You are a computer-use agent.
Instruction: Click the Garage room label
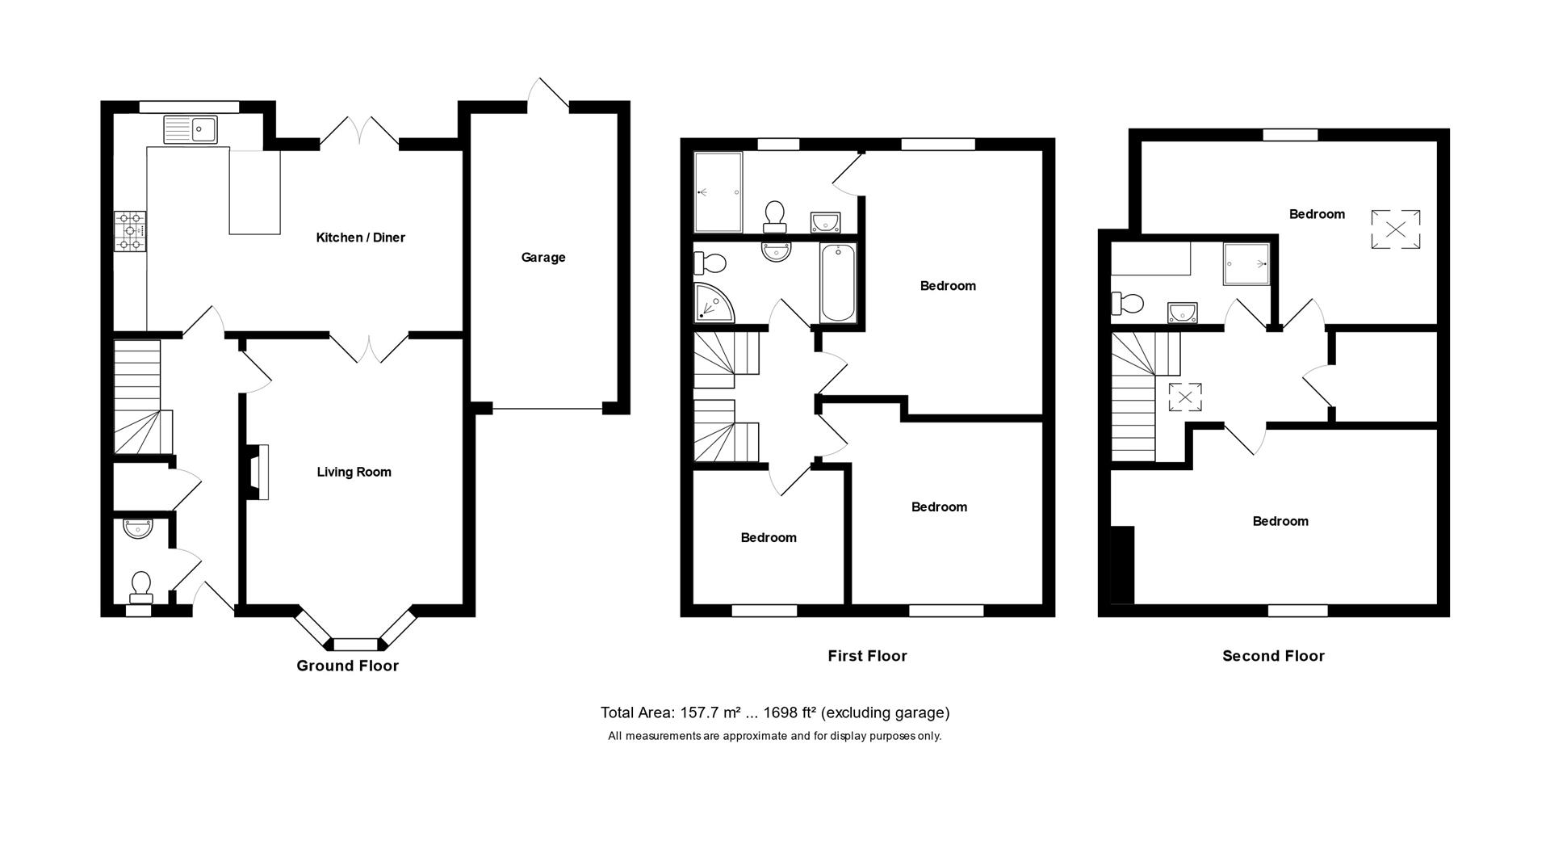coord(542,258)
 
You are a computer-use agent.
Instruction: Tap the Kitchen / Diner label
coord(360,237)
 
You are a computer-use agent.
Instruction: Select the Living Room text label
coord(354,472)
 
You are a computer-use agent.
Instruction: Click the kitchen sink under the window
coord(191,129)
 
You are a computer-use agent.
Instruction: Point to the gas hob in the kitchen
coord(131,230)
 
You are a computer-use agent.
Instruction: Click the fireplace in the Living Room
coord(257,472)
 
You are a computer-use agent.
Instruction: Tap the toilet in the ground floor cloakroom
coord(141,586)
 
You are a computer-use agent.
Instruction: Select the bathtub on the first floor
coord(837,283)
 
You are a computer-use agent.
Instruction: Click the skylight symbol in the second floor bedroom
coord(1395,229)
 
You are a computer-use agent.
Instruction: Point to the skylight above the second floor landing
coord(1185,397)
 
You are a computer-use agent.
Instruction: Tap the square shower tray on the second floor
coord(1246,263)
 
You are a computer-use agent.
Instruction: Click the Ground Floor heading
coord(347,666)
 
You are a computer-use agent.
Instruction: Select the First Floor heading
coord(867,656)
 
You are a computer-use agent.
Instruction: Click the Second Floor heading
coord(1273,656)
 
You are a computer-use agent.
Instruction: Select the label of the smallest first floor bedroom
coord(768,537)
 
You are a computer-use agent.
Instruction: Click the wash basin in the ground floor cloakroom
coord(138,529)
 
